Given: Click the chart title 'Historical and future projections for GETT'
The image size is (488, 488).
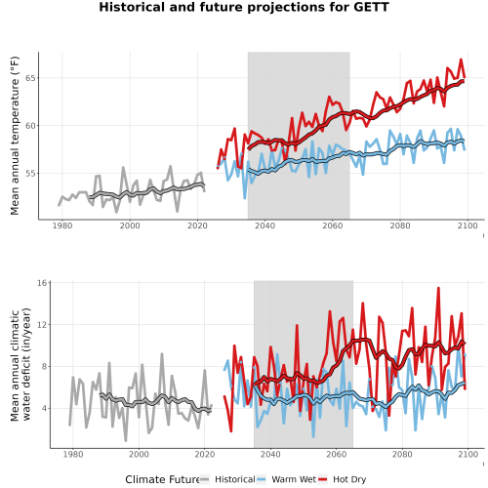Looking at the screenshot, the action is point(244,7).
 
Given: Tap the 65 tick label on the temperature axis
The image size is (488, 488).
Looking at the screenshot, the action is point(30,78).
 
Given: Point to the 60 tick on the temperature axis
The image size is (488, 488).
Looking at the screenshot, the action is point(30,126).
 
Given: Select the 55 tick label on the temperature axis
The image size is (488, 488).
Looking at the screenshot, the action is point(30,174).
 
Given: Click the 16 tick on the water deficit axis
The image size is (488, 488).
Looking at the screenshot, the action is point(42,283).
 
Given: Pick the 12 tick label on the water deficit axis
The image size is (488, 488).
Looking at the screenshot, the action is point(42,325).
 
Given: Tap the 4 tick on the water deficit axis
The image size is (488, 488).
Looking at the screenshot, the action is point(45,408).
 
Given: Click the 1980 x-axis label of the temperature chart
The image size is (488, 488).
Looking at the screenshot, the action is point(62,225).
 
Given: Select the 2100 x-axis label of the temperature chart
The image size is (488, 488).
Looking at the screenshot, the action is point(468,225).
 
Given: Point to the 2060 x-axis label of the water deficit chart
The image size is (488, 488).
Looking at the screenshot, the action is point(336,454).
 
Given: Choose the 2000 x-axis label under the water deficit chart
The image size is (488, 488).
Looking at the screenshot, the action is point(139,454).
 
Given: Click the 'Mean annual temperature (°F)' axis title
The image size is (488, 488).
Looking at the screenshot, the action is point(15,136).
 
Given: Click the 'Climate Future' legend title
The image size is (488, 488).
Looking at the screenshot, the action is point(162,479).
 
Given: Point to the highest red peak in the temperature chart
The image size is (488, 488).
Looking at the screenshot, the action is point(461,60).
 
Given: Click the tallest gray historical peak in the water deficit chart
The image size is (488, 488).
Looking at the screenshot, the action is point(162,354).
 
